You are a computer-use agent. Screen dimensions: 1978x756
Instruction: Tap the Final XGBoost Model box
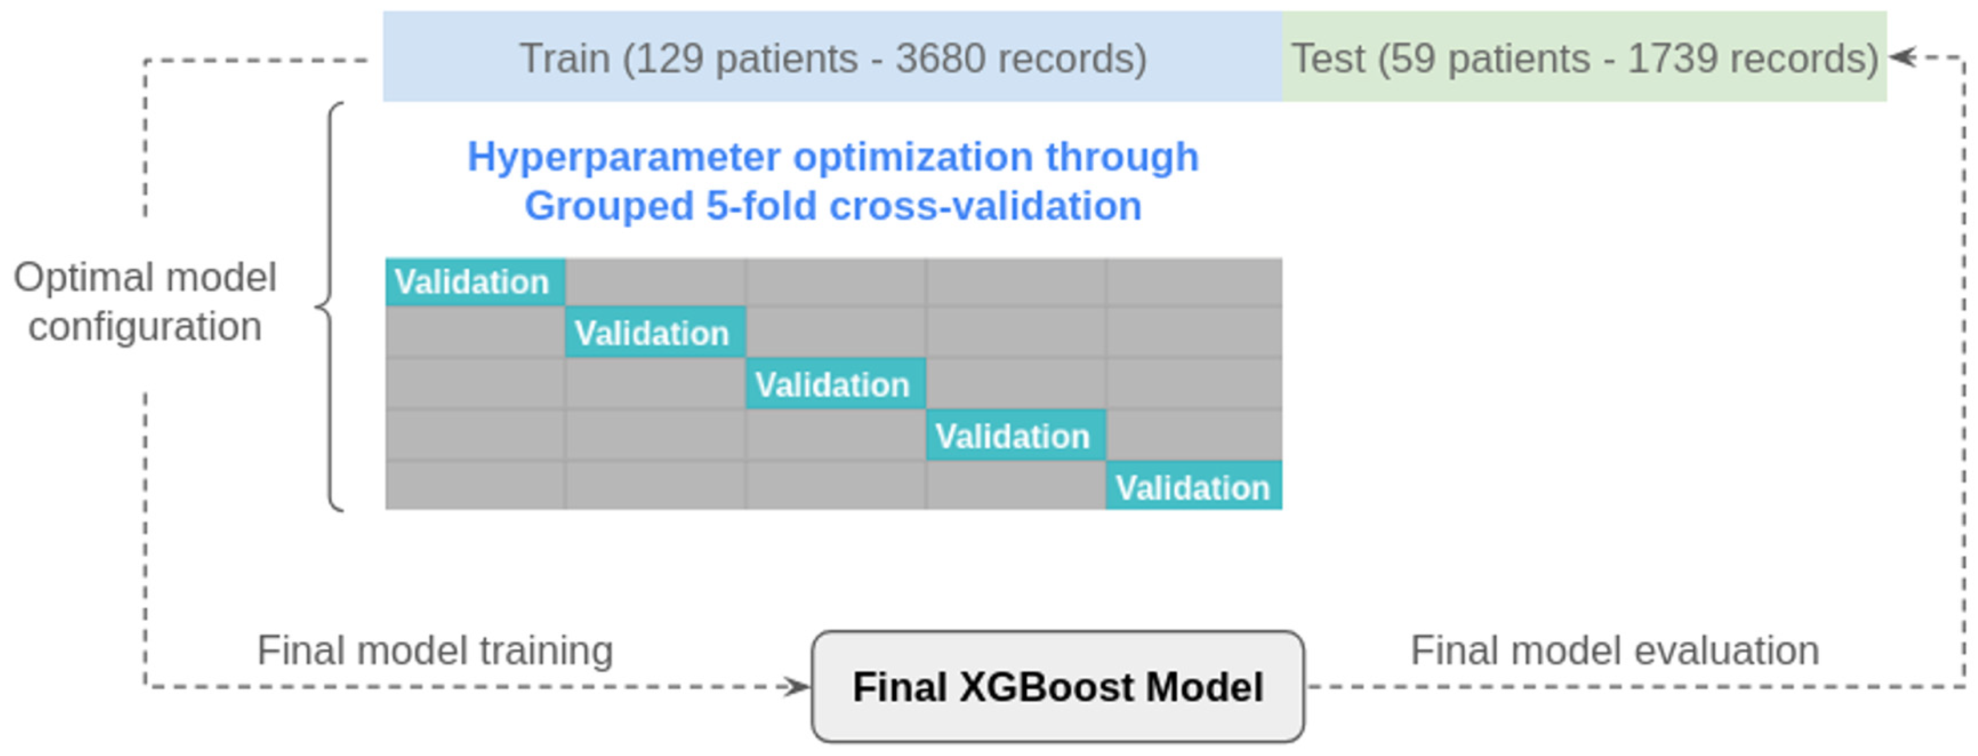tap(1057, 686)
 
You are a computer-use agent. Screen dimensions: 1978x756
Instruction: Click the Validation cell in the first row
tap(476, 282)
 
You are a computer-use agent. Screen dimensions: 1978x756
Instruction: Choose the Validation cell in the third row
tap(835, 384)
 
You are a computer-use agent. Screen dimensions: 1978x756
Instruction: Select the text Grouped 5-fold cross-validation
tap(833, 206)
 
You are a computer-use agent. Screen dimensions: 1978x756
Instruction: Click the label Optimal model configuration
tap(145, 302)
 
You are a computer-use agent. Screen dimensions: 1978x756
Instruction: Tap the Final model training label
tap(434, 651)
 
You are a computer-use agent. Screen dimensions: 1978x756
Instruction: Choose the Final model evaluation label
tap(1615, 651)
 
